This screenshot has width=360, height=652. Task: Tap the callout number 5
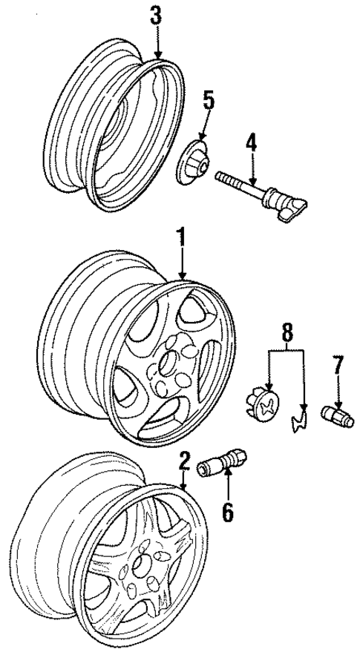point(209,102)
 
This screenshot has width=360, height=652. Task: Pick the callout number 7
point(338,365)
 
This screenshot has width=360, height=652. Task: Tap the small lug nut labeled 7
point(338,416)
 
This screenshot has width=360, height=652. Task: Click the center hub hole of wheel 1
point(167,361)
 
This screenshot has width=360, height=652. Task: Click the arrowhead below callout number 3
point(157,56)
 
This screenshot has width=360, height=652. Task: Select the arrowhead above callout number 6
point(228,472)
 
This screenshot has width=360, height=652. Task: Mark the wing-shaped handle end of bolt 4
point(295,209)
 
